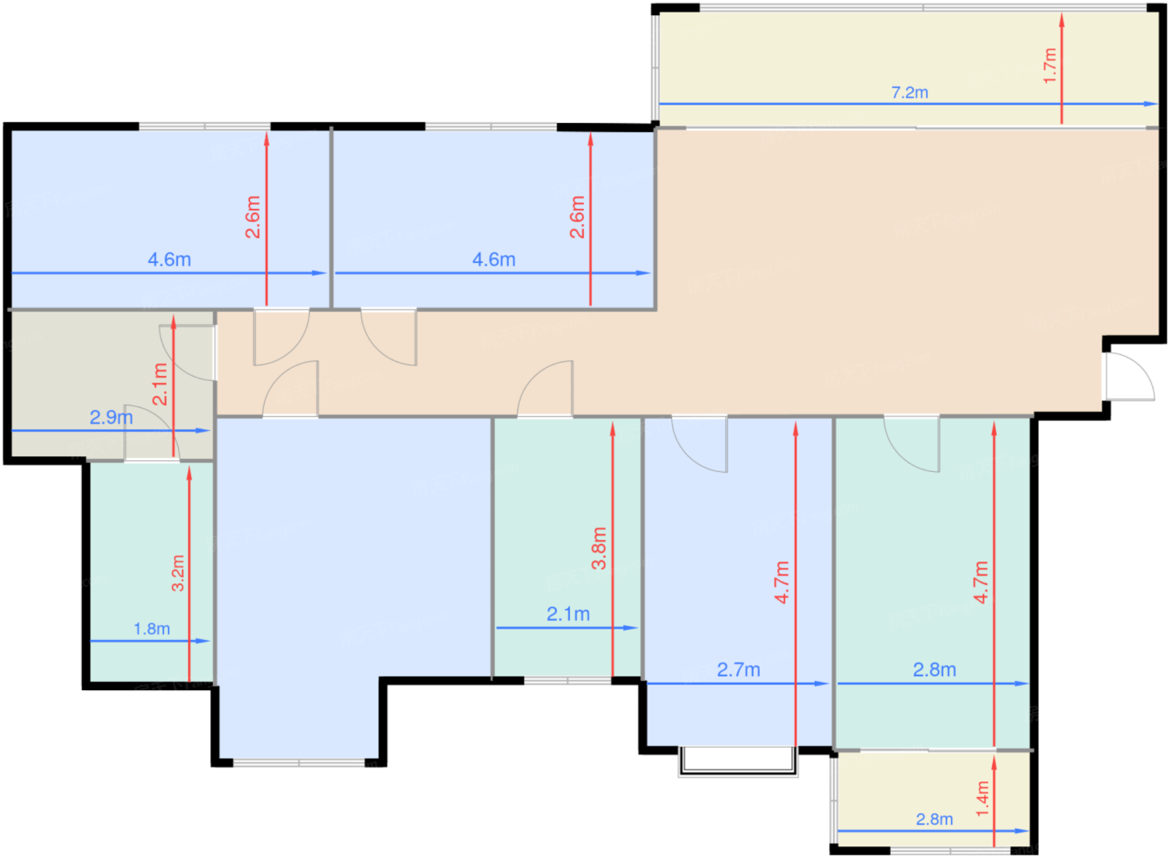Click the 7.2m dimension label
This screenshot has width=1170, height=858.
(909, 93)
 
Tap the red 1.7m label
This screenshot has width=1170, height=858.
(1050, 66)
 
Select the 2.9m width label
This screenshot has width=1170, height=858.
(111, 417)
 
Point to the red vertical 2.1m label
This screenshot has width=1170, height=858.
(160, 384)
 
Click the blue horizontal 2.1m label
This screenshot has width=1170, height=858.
(568, 613)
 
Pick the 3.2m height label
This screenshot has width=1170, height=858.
(178, 573)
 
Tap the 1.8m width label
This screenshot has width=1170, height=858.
(152, 629)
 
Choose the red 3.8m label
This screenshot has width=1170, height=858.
(598, 548)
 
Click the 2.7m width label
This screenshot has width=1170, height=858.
(739, 669)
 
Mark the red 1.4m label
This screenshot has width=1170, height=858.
(983, 799)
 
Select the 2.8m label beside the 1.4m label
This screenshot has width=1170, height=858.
(934, 820)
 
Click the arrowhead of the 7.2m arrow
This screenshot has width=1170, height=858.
(1151, 104)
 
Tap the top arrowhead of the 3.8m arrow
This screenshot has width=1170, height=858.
(613, 429)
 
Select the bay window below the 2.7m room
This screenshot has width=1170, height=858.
(738, 763)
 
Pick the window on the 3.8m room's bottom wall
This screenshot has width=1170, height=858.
(567, 680)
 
